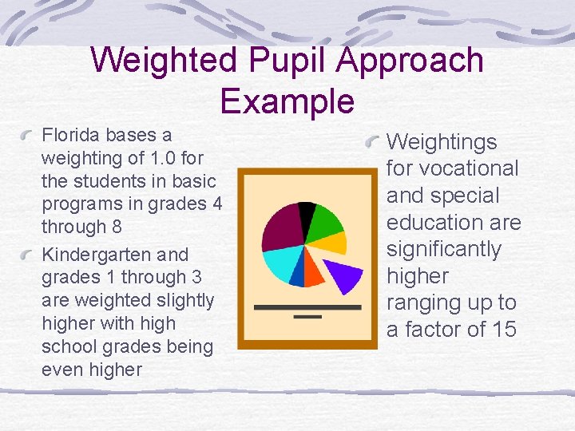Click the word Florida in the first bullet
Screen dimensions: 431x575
pyautogui.click(x=66, y=134)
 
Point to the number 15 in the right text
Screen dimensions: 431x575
pyautogui.click(x=504, y=330)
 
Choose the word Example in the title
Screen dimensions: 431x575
pyautogui.click(x=287, y=101)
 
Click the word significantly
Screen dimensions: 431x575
pyautogui.click(x=444, y=249)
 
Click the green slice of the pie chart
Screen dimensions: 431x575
pyautogui.click(x=326, y=222)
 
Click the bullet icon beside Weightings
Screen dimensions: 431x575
pyautogui.click(x=372, y=143)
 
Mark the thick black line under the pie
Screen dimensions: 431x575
pyautogui.click(x=307, y=306)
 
